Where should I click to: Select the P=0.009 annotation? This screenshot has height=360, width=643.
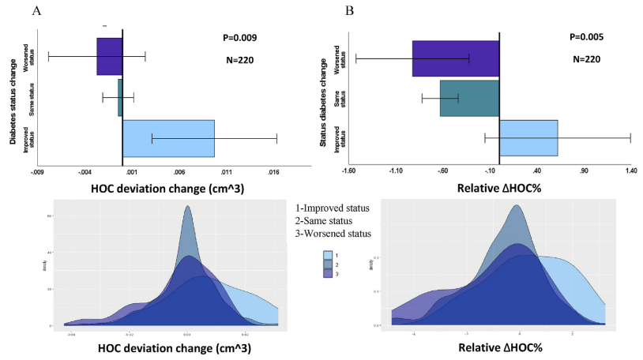coord(238,37)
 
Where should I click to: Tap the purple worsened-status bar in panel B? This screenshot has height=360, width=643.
coord(456,58)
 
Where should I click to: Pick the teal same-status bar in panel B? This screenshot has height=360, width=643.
coord(469,98)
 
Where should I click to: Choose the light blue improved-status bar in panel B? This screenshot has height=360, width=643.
coord(528,138)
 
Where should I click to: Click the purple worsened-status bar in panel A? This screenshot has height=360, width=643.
coord(110,56)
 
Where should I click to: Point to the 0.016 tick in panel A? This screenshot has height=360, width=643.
coord(273,171)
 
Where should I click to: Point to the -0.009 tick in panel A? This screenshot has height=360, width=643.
coord(36,171)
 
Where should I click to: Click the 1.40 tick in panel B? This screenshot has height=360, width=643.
coord(630,171)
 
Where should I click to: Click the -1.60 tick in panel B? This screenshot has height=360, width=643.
coord(350,171)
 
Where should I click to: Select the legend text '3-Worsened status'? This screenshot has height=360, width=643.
coord(330,233)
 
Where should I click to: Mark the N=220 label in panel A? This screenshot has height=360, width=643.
coord(238,60)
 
